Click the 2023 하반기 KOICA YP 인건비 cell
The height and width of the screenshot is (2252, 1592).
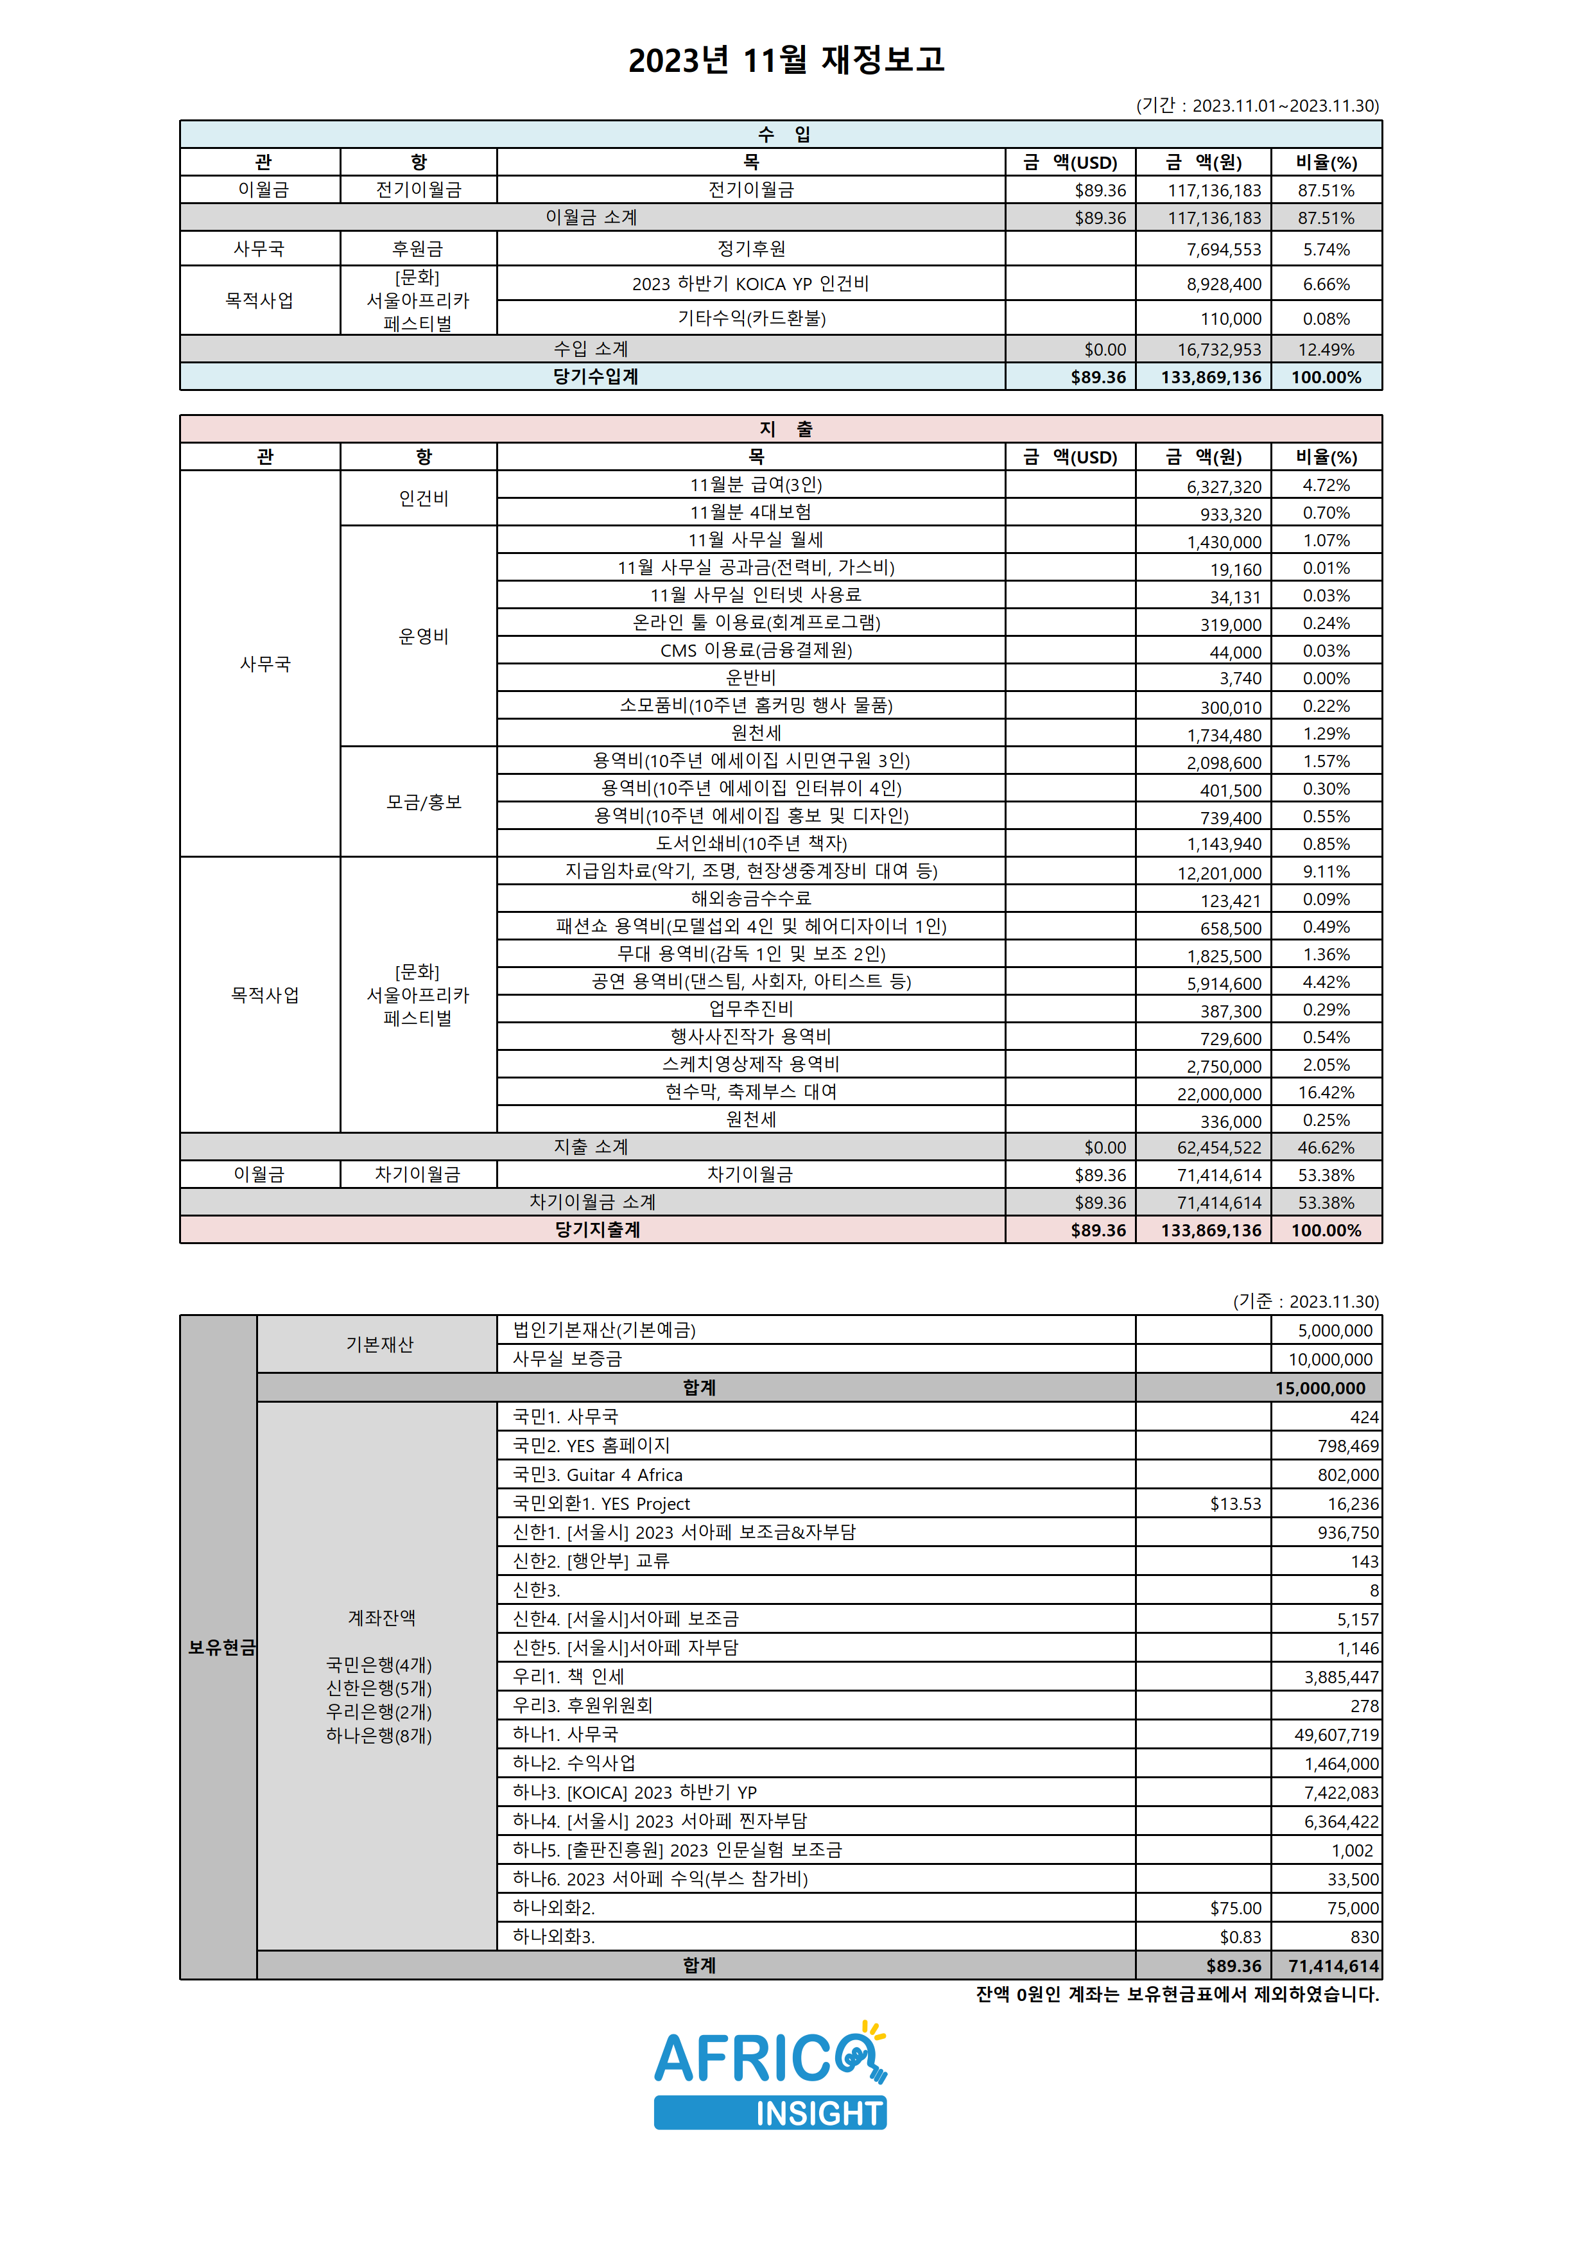coord(750,284)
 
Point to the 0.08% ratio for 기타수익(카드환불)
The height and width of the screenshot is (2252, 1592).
coord(1326,319)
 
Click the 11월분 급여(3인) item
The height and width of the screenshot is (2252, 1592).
coord(756,485)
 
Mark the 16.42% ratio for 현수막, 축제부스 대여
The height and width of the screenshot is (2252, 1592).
coord(1326,1093)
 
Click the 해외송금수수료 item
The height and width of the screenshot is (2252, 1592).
coord(750,899)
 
